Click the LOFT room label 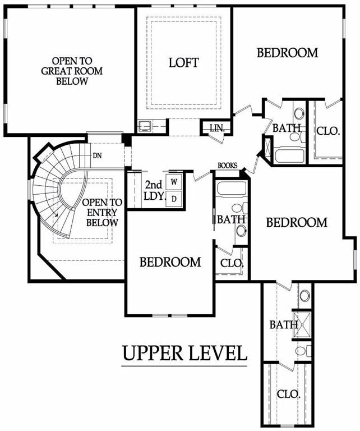pyautogui.click(x=183, y=63)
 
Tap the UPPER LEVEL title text pyautogui.click(x=184, y=353)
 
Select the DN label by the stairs pyautogui.click(x=97, y=156)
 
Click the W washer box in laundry pyautogui.click(x=174, y=182)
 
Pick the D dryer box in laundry pyautogui.click(x=174, y=199)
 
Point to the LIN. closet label pyautogui.click(x=217, y=128)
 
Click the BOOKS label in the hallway pyautogui.click(x=227, y=166)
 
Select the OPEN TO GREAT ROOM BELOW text pyautogui.click(x=72, y=71)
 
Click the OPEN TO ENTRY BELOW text pyautogui.click(x=102, y=213)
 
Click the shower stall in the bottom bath pyautogui.click(x=302, y=324)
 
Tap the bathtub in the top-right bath pyautogui.click(x=289, y=155)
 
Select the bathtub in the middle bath pyautogui.click(x=231, y=189)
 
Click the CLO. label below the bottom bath pyautogui.click(x=288, y=395)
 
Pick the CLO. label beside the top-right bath pyautogui.click(x=328, y=131)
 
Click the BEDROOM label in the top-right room pyautogui.click(x=287, y=53)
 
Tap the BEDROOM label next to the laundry pyautogui.click(x=170, y=262)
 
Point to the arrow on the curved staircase pyautogui.click(x=56, y=215)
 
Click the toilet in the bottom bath pyautogui.click(x=303, y=351)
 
